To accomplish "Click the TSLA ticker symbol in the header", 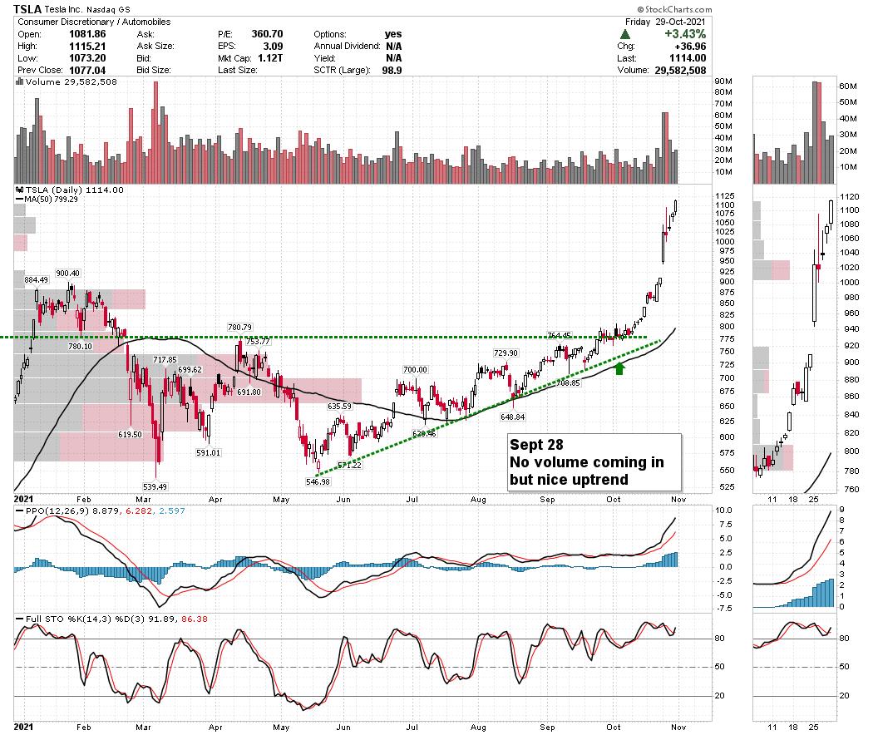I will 27,9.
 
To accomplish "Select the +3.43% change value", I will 686,34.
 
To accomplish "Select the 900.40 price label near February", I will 67,274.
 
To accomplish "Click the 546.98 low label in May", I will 318,481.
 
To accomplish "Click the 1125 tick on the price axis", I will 701,195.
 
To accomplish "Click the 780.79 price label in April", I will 240,328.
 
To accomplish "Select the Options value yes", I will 393,34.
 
